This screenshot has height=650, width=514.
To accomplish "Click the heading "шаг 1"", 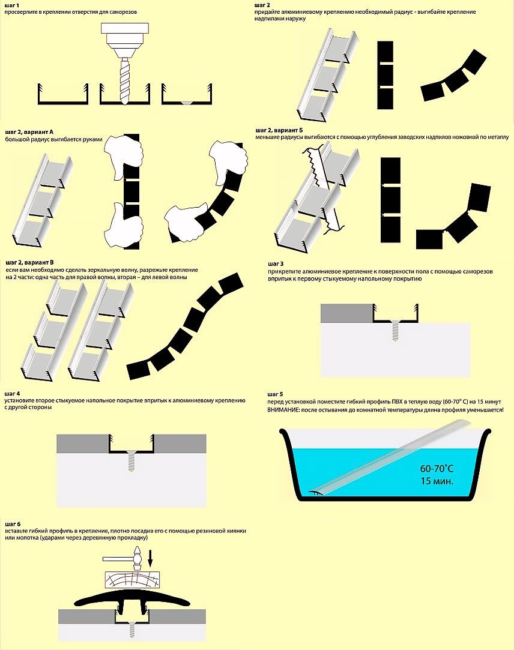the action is tap(11, 5).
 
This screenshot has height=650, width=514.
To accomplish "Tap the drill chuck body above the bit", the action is tap(124, 40).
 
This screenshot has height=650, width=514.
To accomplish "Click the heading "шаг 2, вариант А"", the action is tap(29, 132).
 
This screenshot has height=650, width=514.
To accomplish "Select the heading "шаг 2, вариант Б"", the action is tap(279, 130).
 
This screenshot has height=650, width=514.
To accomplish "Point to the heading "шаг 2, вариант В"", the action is tap(30, 262).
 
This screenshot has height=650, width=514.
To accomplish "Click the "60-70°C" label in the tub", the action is tap(437, 469).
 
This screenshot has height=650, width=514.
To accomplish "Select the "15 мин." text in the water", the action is tap(437, 481).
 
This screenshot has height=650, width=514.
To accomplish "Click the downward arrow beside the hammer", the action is tap(150, 558).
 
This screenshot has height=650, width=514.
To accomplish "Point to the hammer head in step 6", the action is tap(138, 558).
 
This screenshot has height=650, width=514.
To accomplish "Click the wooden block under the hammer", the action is tap(132, 579).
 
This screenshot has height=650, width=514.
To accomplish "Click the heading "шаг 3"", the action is tap(276, 263).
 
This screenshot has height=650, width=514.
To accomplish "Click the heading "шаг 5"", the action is tap(276, 394).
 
